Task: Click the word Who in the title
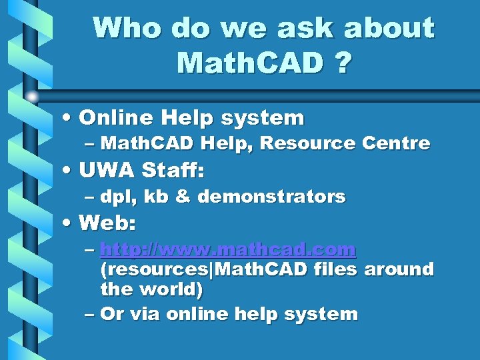tap(127, 28)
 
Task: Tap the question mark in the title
tap(341, 63)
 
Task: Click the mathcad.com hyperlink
tap(228, 250)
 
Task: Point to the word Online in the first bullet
tap(117, 118)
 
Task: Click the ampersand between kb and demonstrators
tap(183, 197)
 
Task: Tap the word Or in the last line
tap(110, 314)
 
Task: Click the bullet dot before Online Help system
tap(69, 119)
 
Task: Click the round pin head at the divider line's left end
tap(32, 97)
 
